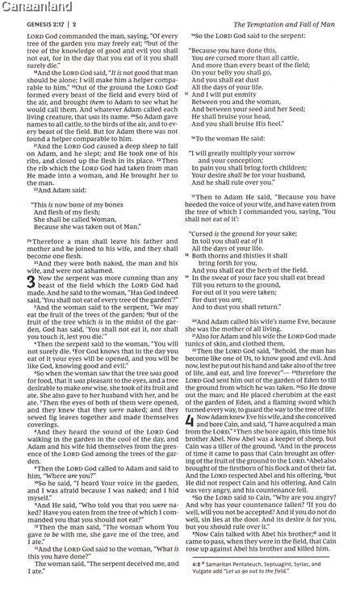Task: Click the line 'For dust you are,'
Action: point(232,266)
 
